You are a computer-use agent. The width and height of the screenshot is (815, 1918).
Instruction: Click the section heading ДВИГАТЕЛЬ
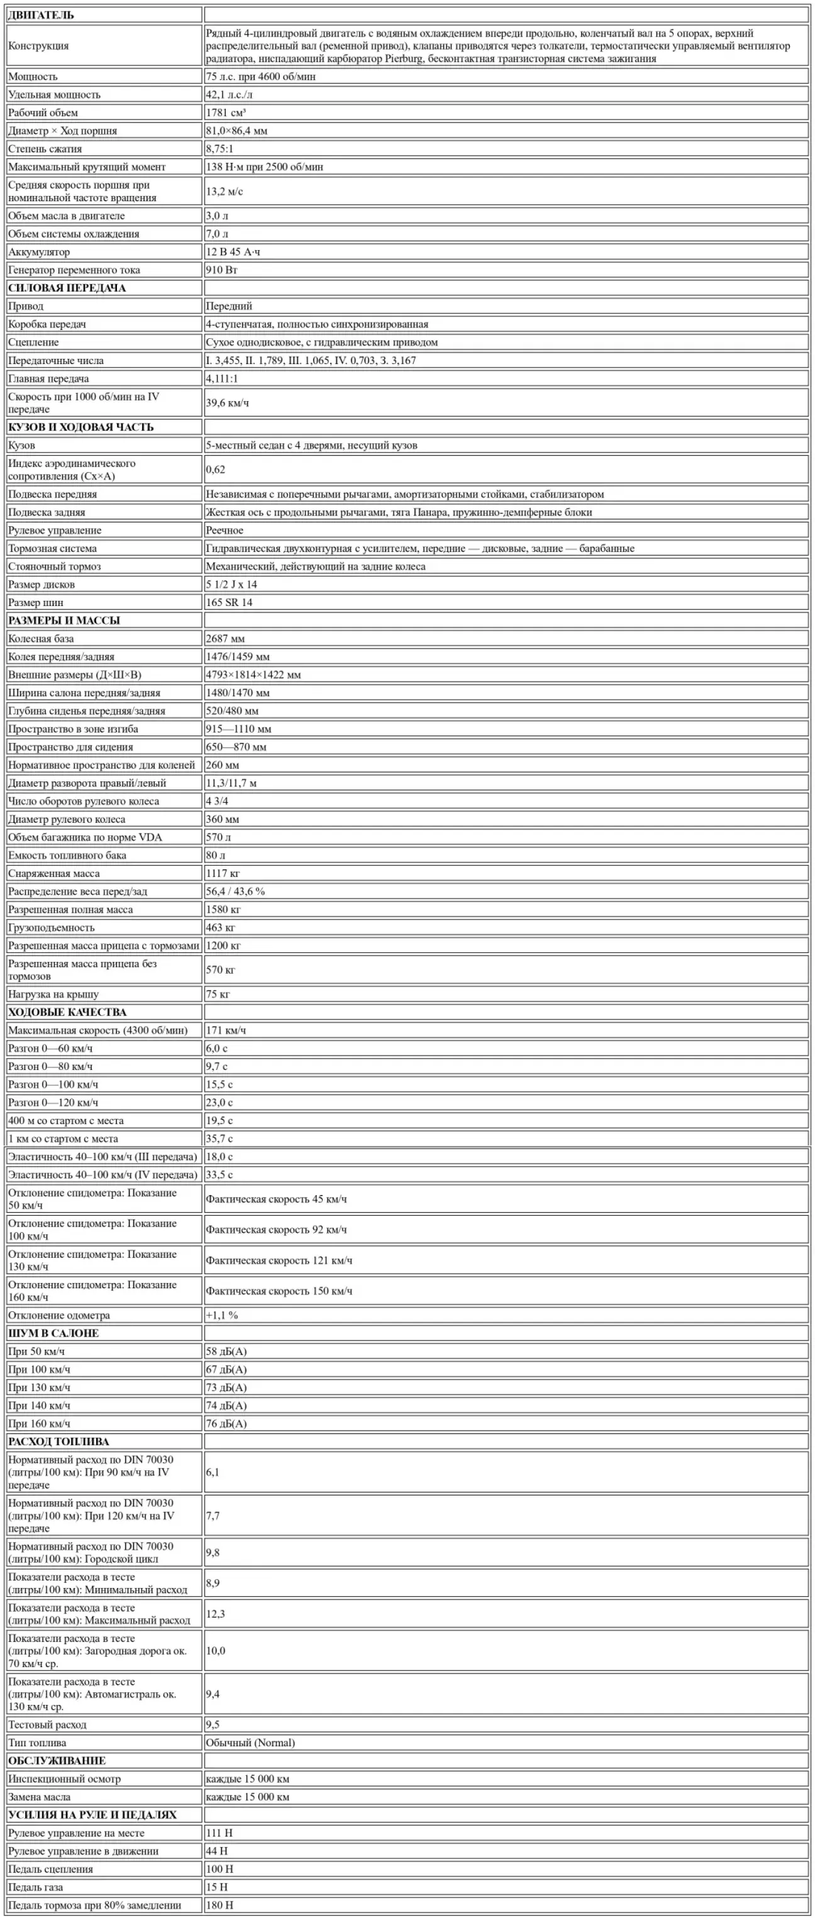point(41,15)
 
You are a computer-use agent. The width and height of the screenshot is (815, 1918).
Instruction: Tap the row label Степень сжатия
point(45,149)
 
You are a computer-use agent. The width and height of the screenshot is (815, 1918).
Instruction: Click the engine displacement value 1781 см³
point(226,113)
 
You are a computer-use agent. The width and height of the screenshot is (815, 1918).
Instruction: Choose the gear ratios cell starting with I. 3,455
point(311,360)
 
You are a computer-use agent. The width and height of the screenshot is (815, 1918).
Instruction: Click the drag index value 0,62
point(215,470)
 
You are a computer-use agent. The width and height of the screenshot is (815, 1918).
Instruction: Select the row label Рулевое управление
point(54,530)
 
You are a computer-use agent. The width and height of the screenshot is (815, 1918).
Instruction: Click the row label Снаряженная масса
point(53,873)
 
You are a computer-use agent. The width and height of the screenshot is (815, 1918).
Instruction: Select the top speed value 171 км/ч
point(226,1030)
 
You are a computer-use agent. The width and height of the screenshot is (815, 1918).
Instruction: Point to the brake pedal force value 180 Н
point(219,1905)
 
